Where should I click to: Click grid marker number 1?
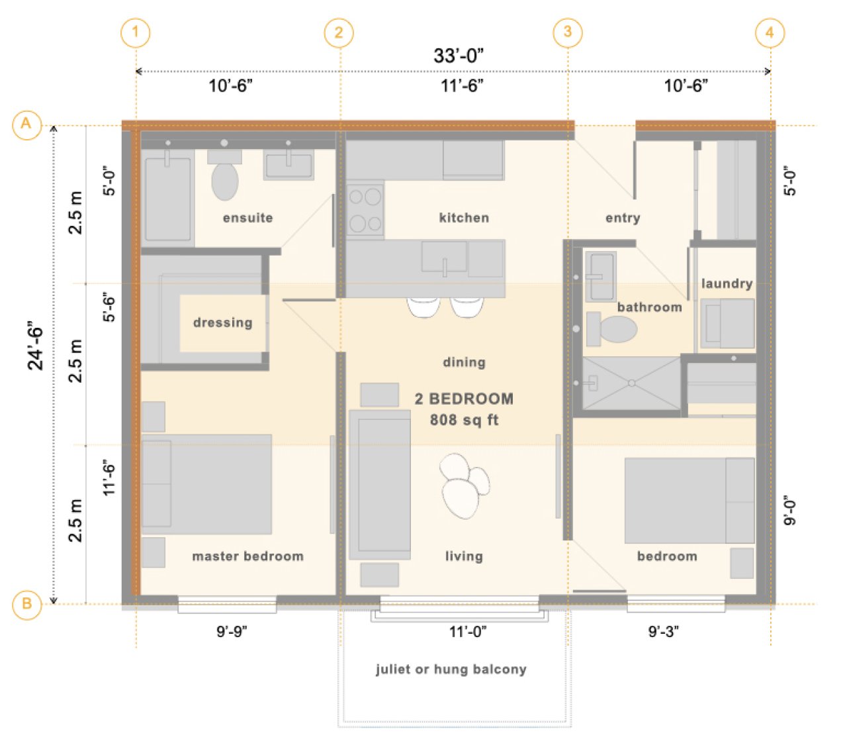click(135, 32)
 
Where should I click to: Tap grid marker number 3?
click(567, 32)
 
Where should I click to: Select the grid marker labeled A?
click(26, 125)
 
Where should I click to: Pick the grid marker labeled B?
click(26, 603)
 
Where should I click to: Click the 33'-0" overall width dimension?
click(458, 56)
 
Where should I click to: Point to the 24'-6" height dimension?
click(36, 345)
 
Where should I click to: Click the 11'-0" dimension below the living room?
click(467, 631)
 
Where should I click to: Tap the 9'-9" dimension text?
click(232, 631)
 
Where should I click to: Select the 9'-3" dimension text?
click(664, 631)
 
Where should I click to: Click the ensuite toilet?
click(224, 175)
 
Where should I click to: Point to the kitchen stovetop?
click(365, 209)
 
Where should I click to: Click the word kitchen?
click(464, 218)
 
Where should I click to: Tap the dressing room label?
click(223, 323)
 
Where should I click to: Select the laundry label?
click(727, 283)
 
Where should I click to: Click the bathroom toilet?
click(611, 329)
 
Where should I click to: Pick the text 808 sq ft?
click(464, 420)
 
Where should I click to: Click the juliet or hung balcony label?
click(451, 670)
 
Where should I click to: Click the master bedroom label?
click(247, 556)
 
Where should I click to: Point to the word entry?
click(623, 218)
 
